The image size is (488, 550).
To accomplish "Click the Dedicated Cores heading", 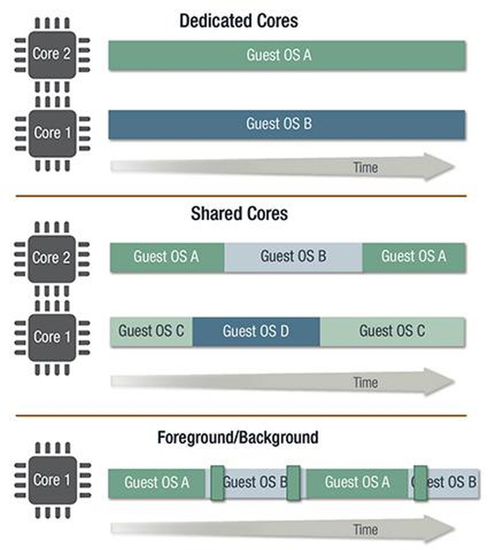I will tap(239, 21).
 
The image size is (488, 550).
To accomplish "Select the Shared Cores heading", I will tap(239, 213).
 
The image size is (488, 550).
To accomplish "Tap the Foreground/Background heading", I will tap(238, 437).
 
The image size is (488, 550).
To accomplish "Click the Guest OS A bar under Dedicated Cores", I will tap(287, 55).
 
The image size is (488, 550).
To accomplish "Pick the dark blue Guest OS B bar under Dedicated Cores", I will tap(287, 124).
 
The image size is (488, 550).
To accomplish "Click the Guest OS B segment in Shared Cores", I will tap(293, 257).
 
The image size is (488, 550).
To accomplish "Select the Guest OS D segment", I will tap(256, 332).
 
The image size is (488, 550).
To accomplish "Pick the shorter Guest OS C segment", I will tap(151, 332).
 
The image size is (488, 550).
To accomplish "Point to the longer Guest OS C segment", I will tap(392, 332).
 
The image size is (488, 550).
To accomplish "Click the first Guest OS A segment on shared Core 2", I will tap(167, 257).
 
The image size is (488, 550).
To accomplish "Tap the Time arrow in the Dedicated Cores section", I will tap(283, 167).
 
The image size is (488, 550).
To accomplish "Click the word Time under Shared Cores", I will tap(366, 382).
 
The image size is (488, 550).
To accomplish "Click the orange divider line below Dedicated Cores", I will tap(241, 196).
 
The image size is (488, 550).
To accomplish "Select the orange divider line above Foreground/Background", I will tap(241, 416).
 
